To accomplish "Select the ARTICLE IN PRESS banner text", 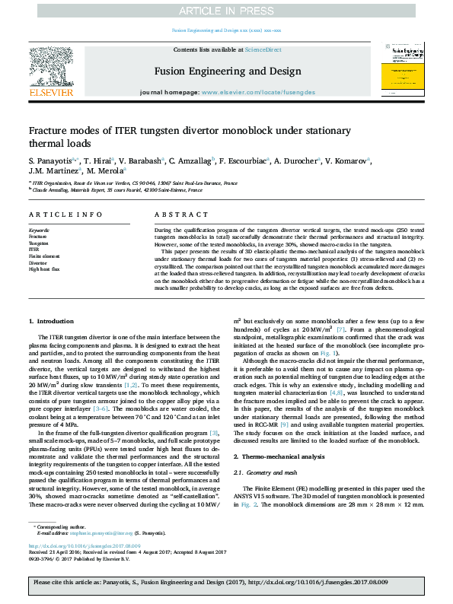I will point(226,10).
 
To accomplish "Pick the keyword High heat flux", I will point(45,269).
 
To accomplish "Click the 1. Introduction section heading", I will point(51,323).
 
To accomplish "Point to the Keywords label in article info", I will point(39,229).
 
